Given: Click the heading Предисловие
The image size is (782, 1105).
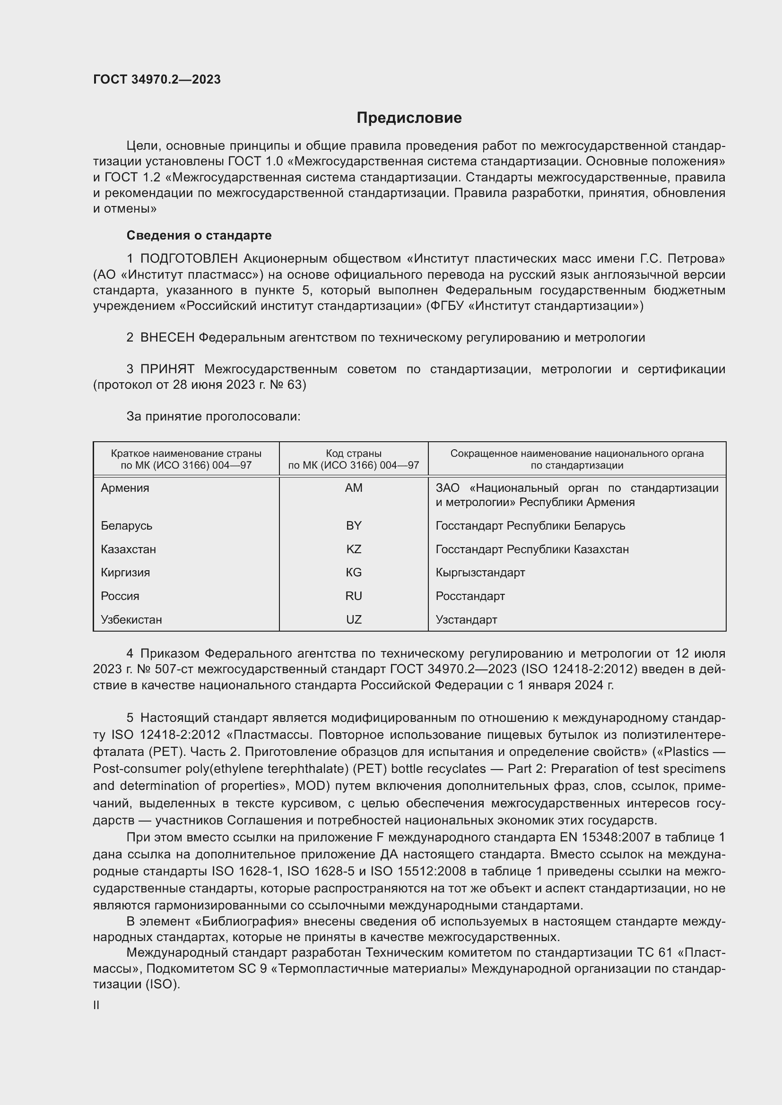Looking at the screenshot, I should (x=409, y=118).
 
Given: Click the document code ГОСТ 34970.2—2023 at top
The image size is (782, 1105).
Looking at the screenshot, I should (x=157, y=79).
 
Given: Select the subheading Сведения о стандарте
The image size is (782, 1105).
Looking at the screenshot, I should (x=199, y=235).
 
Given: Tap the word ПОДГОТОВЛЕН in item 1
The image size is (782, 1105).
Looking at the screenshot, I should (x=189, y=259).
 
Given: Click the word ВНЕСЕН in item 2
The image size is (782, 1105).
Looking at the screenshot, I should (x=167, y=338).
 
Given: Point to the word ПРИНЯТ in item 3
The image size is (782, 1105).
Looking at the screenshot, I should (x=167, y=369).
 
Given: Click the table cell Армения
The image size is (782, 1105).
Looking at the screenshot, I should (x=125, y=488).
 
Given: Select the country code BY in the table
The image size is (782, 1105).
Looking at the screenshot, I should (x=354, y=525).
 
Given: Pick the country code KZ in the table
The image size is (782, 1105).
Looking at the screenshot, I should (x=354, y=549).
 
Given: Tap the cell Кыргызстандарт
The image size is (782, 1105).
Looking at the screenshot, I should (x=480, y=573).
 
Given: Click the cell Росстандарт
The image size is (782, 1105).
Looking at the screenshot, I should (x=470, y=596).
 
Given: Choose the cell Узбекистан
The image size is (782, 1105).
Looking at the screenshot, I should (x=131, y=620).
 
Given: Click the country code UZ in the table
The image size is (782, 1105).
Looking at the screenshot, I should (x=354, y=620).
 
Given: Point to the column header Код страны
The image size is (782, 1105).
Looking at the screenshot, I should (x=354, y=454).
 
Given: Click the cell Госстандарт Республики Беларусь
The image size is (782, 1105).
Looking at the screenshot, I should (x=530, y=525).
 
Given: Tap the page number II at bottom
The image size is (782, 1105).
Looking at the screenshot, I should (x=96, y=1005).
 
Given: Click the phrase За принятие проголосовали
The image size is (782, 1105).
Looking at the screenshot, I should (x=213, y=416).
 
